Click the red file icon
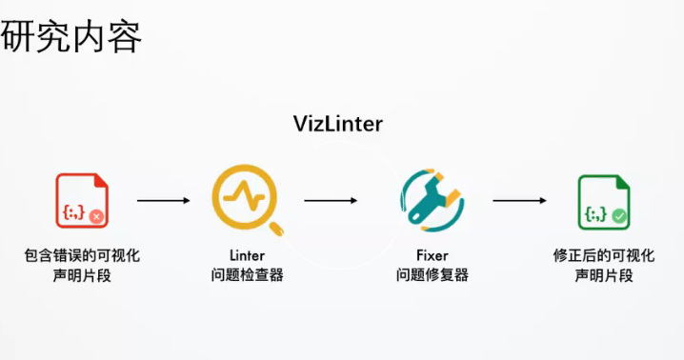pyautogui.click(x=81, y=200)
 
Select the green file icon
pyautogui.click(x=603, y=201)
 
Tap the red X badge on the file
pyautogui.click(x=95, y=217)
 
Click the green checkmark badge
pyautogui.click(x=619, y=217)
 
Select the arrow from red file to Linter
pyautogui.click(x=164, y=201)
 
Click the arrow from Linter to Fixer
pyautogui.click(x=331, y=201)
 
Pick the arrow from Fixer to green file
pyautogui.click(x=519, y=201)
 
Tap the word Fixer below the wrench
pyautogui.click(x=432, y=255)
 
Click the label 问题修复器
pyautogui.click(x=432, y=275)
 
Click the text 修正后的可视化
pyautogui.click(x=603, y=255)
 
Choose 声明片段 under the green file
pyautogui.click(x=603, y=275)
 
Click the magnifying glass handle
pyautogui.click(x=278, y=228)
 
